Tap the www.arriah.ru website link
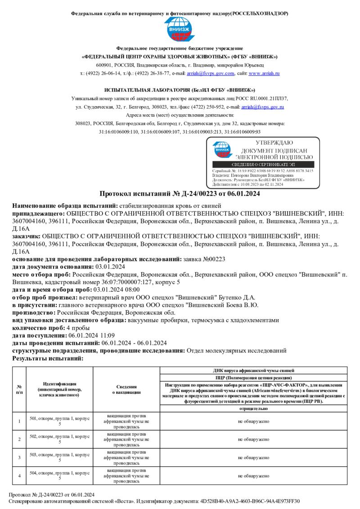[x=264, y=73]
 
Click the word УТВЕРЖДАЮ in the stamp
[x=274, y=143]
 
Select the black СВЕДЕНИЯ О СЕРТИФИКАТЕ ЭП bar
[x=263, y=165]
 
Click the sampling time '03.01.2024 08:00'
[x=117, y=290]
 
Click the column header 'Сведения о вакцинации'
[x=126, y=389]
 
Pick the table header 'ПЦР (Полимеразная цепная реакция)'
[x=253, y=378]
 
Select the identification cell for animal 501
[x=59, y=421]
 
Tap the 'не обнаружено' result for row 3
[x=253, y=457]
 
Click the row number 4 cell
[x=19, y=476]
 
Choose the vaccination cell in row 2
[x=126, y=439]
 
